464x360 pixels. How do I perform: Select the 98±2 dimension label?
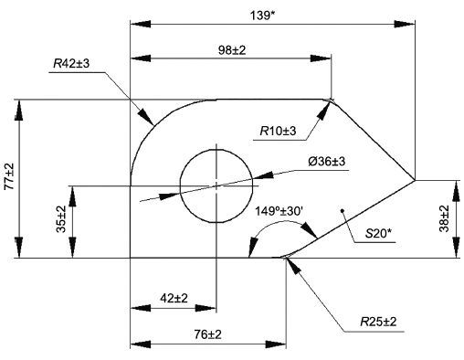coord(232,50)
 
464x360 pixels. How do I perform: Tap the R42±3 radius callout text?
coord(71,64)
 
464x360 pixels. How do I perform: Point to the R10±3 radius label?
coord(278,132)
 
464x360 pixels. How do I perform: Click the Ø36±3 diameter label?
coord(327,161)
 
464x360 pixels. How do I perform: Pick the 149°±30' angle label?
coord(279,211)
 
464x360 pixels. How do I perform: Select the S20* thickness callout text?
coord(378,234)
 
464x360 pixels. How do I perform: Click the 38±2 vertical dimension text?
coord(444,218)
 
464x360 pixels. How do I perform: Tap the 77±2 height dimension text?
coord(9,176)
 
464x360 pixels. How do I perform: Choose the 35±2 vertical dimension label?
coord(61,219)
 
